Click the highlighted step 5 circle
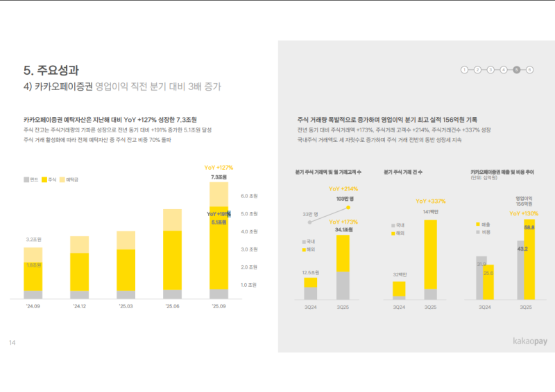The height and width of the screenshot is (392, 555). [x=516, y=70]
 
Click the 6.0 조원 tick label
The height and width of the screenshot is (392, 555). [x=248, y=196]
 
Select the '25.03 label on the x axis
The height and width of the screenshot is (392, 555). [x=126, y=306]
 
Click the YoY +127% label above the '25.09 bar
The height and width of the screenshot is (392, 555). [x=219, y=168]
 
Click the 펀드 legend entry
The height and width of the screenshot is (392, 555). [x=30, y=180]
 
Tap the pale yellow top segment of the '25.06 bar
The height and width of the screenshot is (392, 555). [x=172, y=220]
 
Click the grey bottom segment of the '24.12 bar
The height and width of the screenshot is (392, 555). [x=79, y=294]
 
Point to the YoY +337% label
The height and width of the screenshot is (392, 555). [x=429, y=201]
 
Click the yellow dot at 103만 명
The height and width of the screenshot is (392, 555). [x=349, y=206]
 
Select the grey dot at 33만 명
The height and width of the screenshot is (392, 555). [x=311, y=224]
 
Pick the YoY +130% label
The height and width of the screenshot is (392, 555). [x=524, y=213]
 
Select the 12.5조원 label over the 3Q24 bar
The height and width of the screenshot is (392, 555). [x=311, y=272]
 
